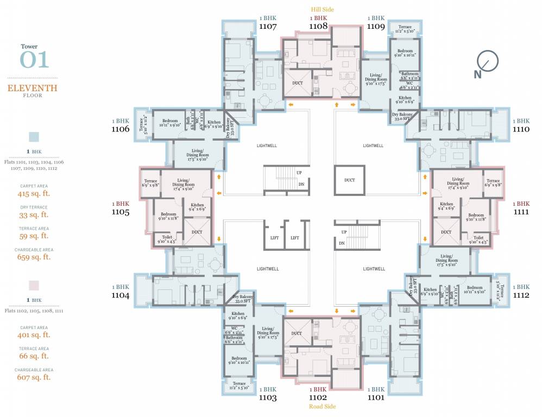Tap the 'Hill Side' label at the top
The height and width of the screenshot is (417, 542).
(322, 9)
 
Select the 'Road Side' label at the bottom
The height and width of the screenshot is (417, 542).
(322, 406)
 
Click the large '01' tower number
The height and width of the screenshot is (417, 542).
(34, 60)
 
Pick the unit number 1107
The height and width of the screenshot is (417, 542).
(268, 26)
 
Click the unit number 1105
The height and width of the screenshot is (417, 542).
(120, 212)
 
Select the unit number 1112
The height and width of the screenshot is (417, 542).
(522, 295)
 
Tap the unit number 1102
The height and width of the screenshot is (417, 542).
(318, 397)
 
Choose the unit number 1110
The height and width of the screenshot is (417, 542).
(522, 129)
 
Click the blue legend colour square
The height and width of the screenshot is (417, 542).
(34, 136)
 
